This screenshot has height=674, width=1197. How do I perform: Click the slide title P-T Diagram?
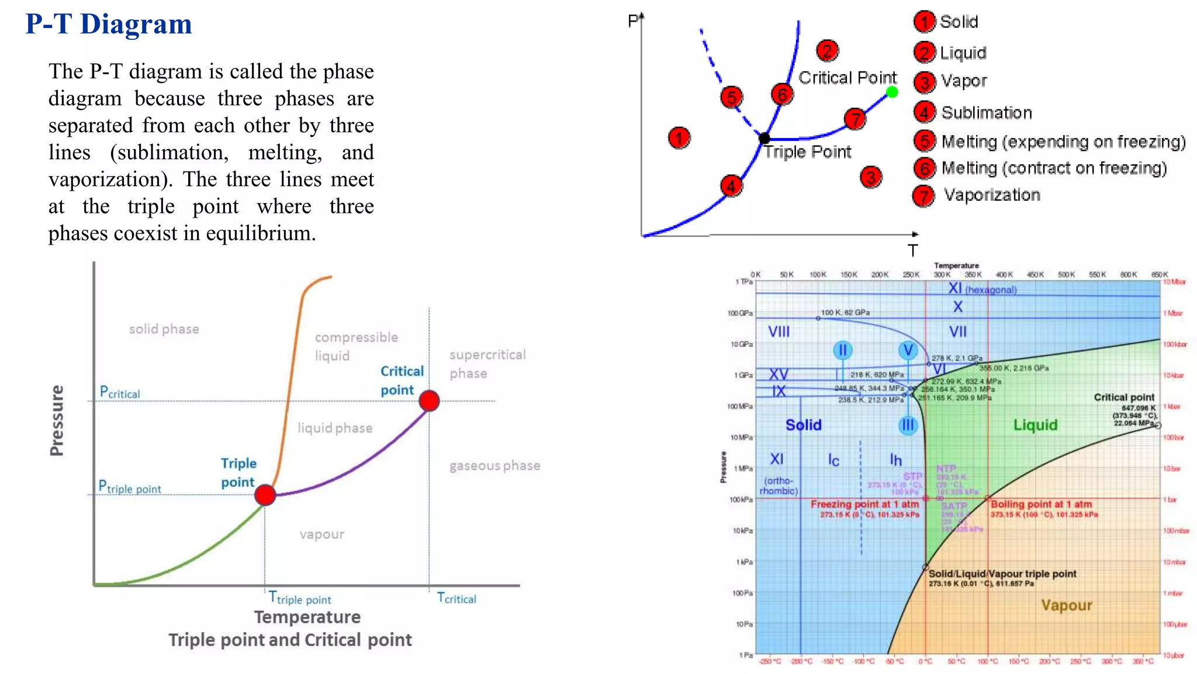109,25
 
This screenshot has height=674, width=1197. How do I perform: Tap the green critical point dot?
892,92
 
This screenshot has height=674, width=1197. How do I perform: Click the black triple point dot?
764,139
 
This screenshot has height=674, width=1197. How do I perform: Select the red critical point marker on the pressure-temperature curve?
429,401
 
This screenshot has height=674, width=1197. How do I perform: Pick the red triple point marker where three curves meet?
265,495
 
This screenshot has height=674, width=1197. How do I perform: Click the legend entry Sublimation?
986,112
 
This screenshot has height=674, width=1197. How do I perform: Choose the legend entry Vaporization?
992,195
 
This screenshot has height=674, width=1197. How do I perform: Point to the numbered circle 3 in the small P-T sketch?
871,177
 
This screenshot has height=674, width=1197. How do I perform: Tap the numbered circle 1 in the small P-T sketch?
679,138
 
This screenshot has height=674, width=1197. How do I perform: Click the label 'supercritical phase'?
487,364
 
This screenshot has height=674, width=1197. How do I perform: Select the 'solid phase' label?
164,329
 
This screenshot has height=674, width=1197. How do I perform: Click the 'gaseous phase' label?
494,466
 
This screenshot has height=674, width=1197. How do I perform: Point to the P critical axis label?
120,392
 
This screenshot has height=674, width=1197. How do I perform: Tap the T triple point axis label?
300,598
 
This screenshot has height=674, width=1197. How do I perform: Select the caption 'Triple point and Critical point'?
290,640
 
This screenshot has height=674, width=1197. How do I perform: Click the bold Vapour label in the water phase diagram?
1066,605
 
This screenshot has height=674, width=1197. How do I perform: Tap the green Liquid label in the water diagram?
1035,425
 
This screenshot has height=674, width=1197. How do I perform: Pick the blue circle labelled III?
908,425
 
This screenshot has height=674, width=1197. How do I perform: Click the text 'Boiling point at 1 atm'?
1041,504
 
